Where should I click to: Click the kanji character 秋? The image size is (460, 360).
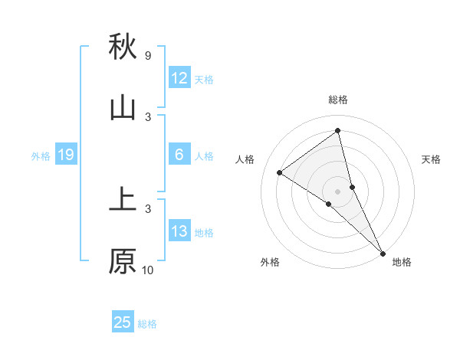pyautogui.click(x=123, y=47)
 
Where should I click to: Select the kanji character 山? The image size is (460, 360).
pyautogui.click(x=123, y=108)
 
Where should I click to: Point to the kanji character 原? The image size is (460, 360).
pyautogui.click(x=123, y=261)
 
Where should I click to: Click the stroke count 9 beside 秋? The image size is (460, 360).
pyautogui.click(x=147, y=56)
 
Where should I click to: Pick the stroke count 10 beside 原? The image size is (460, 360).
pyautogui.click(x=148, y=270)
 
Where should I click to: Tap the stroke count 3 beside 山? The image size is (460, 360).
pyautogui.click(x=148, y=117)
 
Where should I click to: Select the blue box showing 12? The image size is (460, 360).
pyautogui.click(x=179, y=78)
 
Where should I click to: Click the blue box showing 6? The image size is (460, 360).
pyautogui.click(x=179, y=155)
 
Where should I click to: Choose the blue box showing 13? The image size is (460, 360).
pyautogui.click(x=179, y=231)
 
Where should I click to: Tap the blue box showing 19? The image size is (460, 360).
pyautogui.click(x=66, y=155)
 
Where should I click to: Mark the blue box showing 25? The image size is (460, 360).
pyautogui.click(x=123, y=322)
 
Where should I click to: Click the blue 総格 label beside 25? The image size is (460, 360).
pyautogui.click(x=147, y=324)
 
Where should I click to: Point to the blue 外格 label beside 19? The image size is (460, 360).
pyautogui.click(x=41, y=156)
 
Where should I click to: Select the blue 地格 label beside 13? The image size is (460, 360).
pyautogui.click(x=204, y=233)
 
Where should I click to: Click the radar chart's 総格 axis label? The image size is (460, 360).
pyautogui.click(x=338, y=100)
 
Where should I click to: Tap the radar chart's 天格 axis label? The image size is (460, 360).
pyautogui.click(x=432, y=159)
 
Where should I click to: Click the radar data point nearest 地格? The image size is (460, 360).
pyautogui.click(x=383, y=252)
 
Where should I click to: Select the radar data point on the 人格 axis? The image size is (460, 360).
pyautogui.click(x=280, y=172)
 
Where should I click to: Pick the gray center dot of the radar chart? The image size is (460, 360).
pyautogui.click(x=338, y=191)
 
